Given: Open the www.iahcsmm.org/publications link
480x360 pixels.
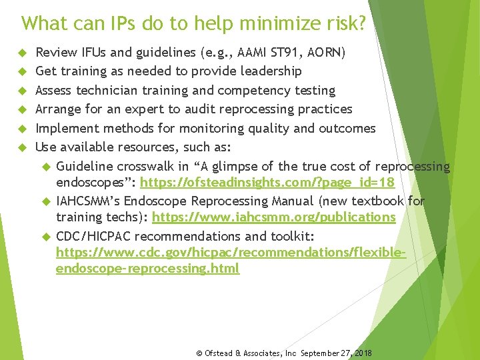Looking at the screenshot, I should click(x=274, y=217).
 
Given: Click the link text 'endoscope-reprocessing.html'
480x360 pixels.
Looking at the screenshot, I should click(x=147, y=269).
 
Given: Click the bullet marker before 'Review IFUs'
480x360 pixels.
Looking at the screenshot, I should click(x=22, y=52).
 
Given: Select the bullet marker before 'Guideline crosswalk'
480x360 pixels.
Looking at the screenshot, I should click(x=46, y=166).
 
